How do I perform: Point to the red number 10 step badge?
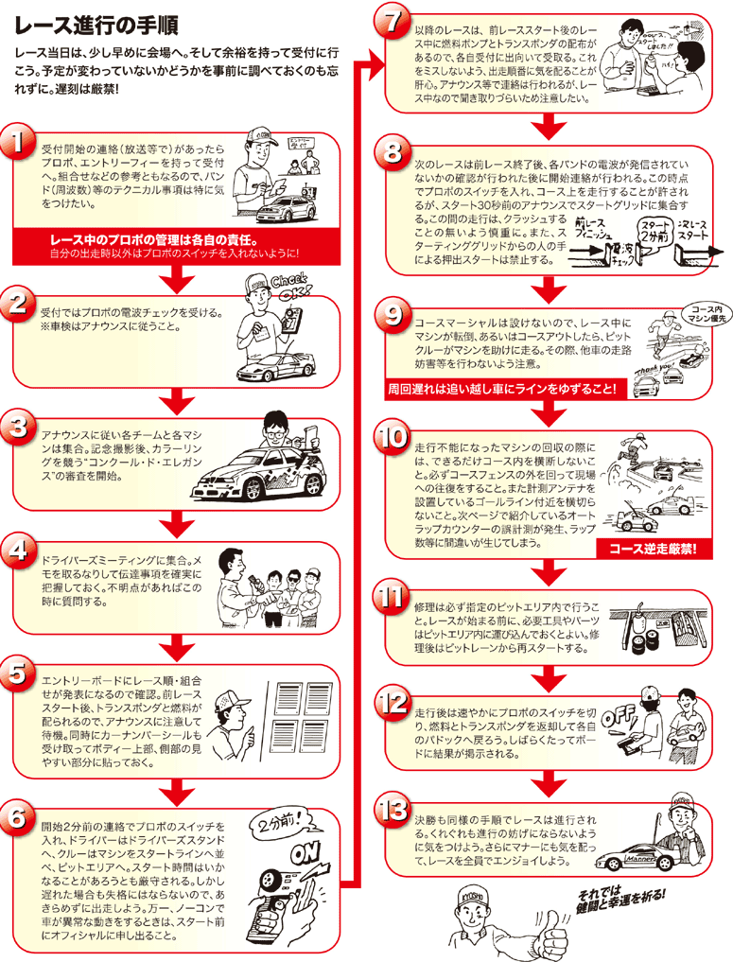[392, 437]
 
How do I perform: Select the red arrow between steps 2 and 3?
[176, 397]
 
